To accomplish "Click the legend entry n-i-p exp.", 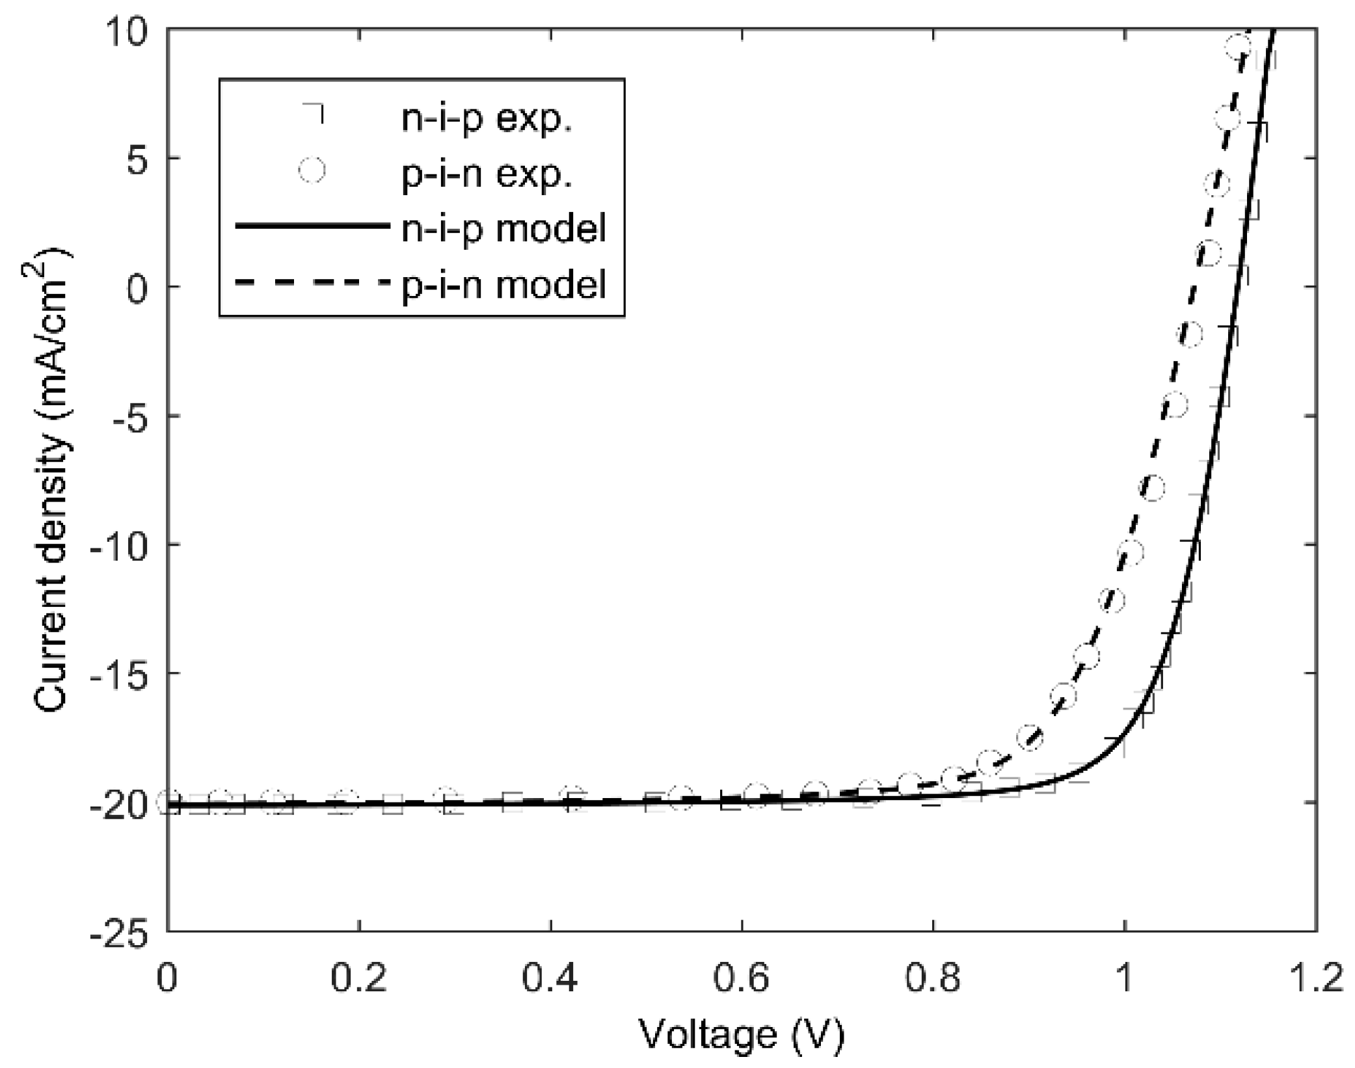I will click(x=487, y=120).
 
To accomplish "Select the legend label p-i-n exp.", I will click(x=487, y=174).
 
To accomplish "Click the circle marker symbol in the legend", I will click(x=312, y=170).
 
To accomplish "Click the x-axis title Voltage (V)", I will click(x=741, y=1034).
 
